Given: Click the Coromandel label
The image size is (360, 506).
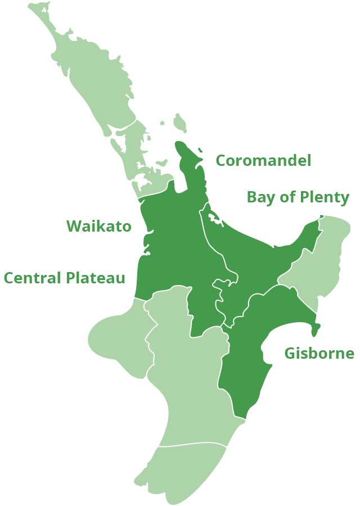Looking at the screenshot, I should click(x=263, y=161).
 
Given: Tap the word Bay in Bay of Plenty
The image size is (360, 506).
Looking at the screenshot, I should click(x=259, y=198).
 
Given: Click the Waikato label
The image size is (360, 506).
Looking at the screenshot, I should click(x=99, y=226).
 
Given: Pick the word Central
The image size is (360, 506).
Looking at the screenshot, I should click(x=32, y=278).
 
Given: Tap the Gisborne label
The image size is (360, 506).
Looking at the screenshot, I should click(x=319, y=354).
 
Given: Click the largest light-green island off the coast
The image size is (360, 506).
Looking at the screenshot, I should click(x=180, y=122).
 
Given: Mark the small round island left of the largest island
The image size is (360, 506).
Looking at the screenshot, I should click(x=162, y=123).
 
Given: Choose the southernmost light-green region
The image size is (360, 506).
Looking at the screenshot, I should click(x=180, y=472).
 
